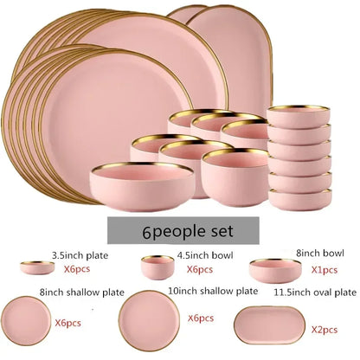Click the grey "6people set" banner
(183, 230)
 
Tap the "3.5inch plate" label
(80, 255)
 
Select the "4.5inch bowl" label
(205, 255)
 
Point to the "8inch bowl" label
(320, 253)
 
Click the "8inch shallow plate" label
(82, 292)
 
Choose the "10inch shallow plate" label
(213, 291)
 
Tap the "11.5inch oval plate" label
(315, 292)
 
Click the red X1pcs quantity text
(325, 270)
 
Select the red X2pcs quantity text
(325, 330)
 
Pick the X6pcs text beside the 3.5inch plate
(77, 269)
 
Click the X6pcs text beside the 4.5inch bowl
(200, 269)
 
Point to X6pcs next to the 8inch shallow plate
(67, 323)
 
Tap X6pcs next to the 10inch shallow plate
(201, 318)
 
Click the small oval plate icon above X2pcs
(269, 325)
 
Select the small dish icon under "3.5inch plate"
(37, 267)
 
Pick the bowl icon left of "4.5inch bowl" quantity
(157, 267)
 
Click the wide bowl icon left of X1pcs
(276, 271)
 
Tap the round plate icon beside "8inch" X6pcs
(26, 321)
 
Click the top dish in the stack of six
(299, 116)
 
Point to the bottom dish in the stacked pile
(300, 200)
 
